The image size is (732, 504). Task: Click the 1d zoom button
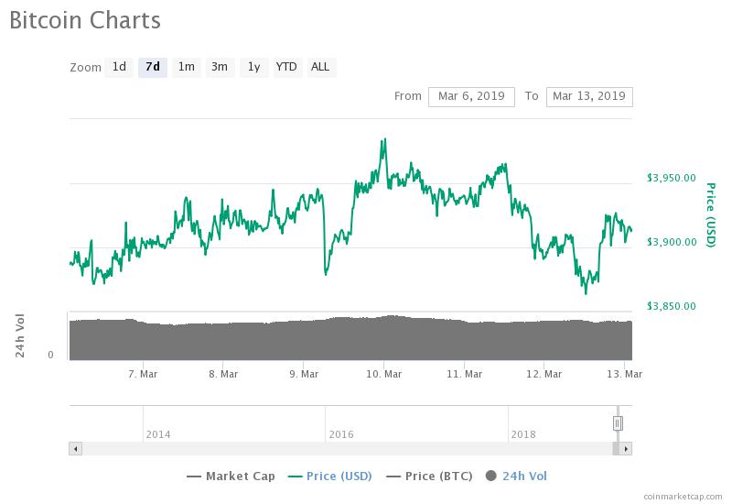point(119,67)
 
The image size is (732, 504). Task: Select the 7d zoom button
point(153,67)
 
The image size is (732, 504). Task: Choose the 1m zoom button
point(186,67)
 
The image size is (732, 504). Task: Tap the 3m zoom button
point(220,67)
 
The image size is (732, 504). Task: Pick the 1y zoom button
point(253,67)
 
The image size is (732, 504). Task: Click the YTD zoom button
point(286,67)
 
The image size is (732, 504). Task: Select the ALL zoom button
point(320,67)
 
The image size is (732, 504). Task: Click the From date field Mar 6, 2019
point(471,96)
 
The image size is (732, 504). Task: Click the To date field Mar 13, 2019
point(589,96)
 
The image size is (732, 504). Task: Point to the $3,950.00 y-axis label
point(671,178)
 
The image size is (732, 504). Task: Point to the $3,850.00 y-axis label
point(671,306)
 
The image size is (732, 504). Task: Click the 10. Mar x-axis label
point(384,374)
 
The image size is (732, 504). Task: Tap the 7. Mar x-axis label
point(144,374)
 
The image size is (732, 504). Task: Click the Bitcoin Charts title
point(85,20)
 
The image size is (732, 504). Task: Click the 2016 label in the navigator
point(341,434)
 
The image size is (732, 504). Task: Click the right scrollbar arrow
point(626,449)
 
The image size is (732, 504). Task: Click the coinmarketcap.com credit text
point(682,495)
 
